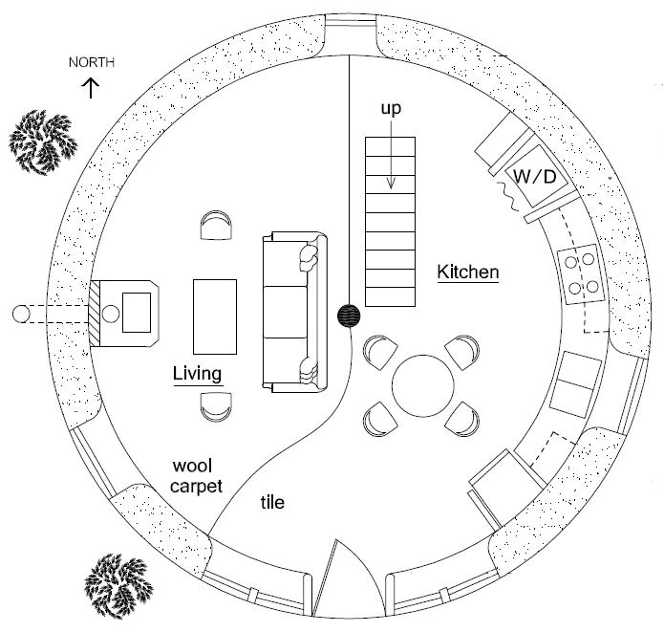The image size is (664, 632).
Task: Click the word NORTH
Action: pos(92,63)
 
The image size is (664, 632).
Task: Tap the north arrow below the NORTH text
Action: pos(92,88)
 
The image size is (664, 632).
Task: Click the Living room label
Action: pos(198,372)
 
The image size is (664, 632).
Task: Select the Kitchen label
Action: pos(468,272)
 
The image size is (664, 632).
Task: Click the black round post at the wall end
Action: pos(349,315)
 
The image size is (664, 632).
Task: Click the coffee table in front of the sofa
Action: pos(215,315)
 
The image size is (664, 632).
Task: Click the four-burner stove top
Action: pos(581,272)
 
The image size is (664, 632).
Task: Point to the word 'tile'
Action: pos(273,501)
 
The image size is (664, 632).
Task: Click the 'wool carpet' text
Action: pos(197,476)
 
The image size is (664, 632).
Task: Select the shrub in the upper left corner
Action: pos(43,141)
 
